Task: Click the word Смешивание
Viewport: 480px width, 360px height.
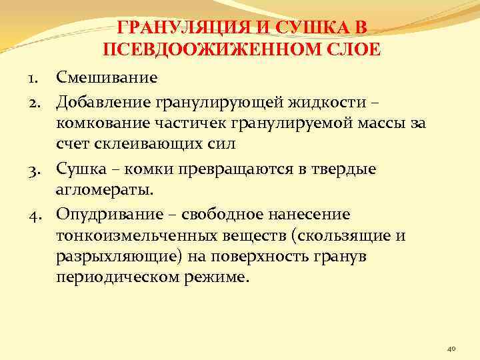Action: (107, 77)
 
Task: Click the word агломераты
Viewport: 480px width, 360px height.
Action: (103, 192)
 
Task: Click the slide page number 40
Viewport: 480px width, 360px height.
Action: (451, 348)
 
